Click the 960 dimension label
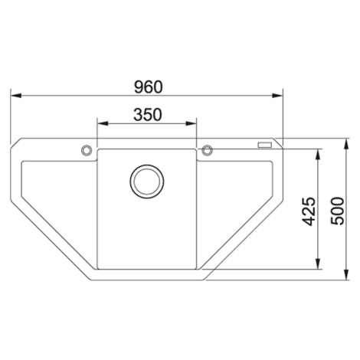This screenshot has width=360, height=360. [x=149, y=87]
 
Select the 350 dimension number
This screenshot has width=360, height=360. [x=148, y=114]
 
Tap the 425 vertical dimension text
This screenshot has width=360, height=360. [x=309, y=211]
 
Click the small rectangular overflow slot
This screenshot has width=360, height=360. [x=265, y=145]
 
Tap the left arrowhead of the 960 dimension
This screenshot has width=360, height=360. [x=15, y=96]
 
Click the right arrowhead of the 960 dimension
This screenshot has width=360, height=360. [x=277, y=96]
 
